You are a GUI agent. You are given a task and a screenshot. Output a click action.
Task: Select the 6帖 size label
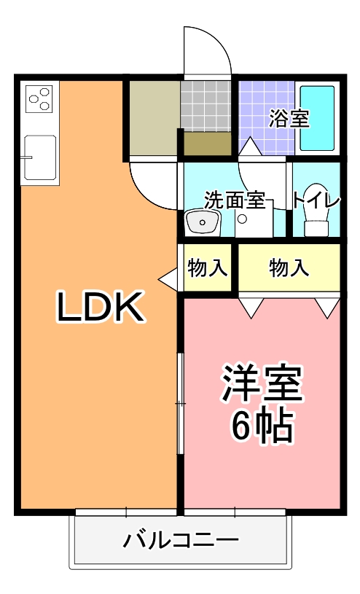tap(262, 427)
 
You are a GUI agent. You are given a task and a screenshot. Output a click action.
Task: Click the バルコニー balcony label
tap(181, 540)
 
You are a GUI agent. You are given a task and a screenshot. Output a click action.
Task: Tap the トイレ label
tap(316, 199)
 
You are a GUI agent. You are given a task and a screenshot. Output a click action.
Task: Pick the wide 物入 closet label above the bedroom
tap(289, 268)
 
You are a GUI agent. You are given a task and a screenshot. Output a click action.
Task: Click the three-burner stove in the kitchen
tap(39, 98)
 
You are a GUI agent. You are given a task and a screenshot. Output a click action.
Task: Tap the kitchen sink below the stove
tap(39, 157)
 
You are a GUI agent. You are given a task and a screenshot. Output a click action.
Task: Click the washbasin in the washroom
tap(202, 222)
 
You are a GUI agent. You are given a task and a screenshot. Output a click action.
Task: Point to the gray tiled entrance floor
tap(206, 106)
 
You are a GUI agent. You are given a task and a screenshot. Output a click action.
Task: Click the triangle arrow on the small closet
tap(168, 278)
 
